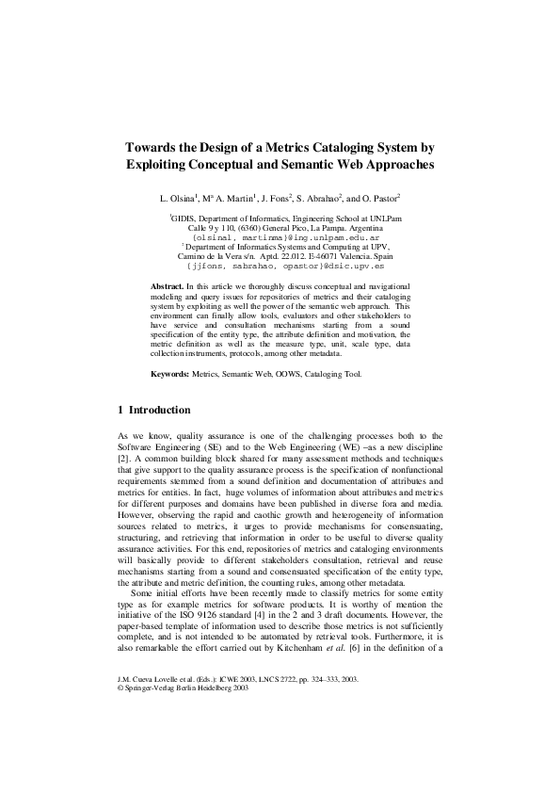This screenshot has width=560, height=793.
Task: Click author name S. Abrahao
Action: [x=318, y=199]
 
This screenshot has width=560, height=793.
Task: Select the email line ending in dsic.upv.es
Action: [x=280, y=266]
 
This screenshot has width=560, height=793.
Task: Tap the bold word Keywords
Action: [x=170, y=375]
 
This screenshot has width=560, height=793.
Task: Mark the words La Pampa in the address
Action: [x=330, y=228]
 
